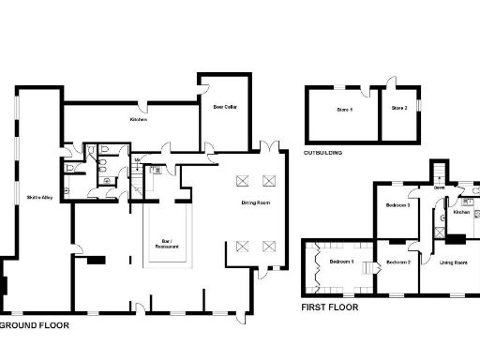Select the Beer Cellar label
(x=222, y=107)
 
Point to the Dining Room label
(x=257, y=202)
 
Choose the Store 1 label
(x=344, y=110)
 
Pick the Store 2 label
(x=398, y=110)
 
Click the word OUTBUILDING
(x=322, y=152)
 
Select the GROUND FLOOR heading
(x=35, y=325)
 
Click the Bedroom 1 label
(x=341, y=262)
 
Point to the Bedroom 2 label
(x=398, y=262)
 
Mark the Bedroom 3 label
(x=398, y=205)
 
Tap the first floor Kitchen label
(x=460, y=212)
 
